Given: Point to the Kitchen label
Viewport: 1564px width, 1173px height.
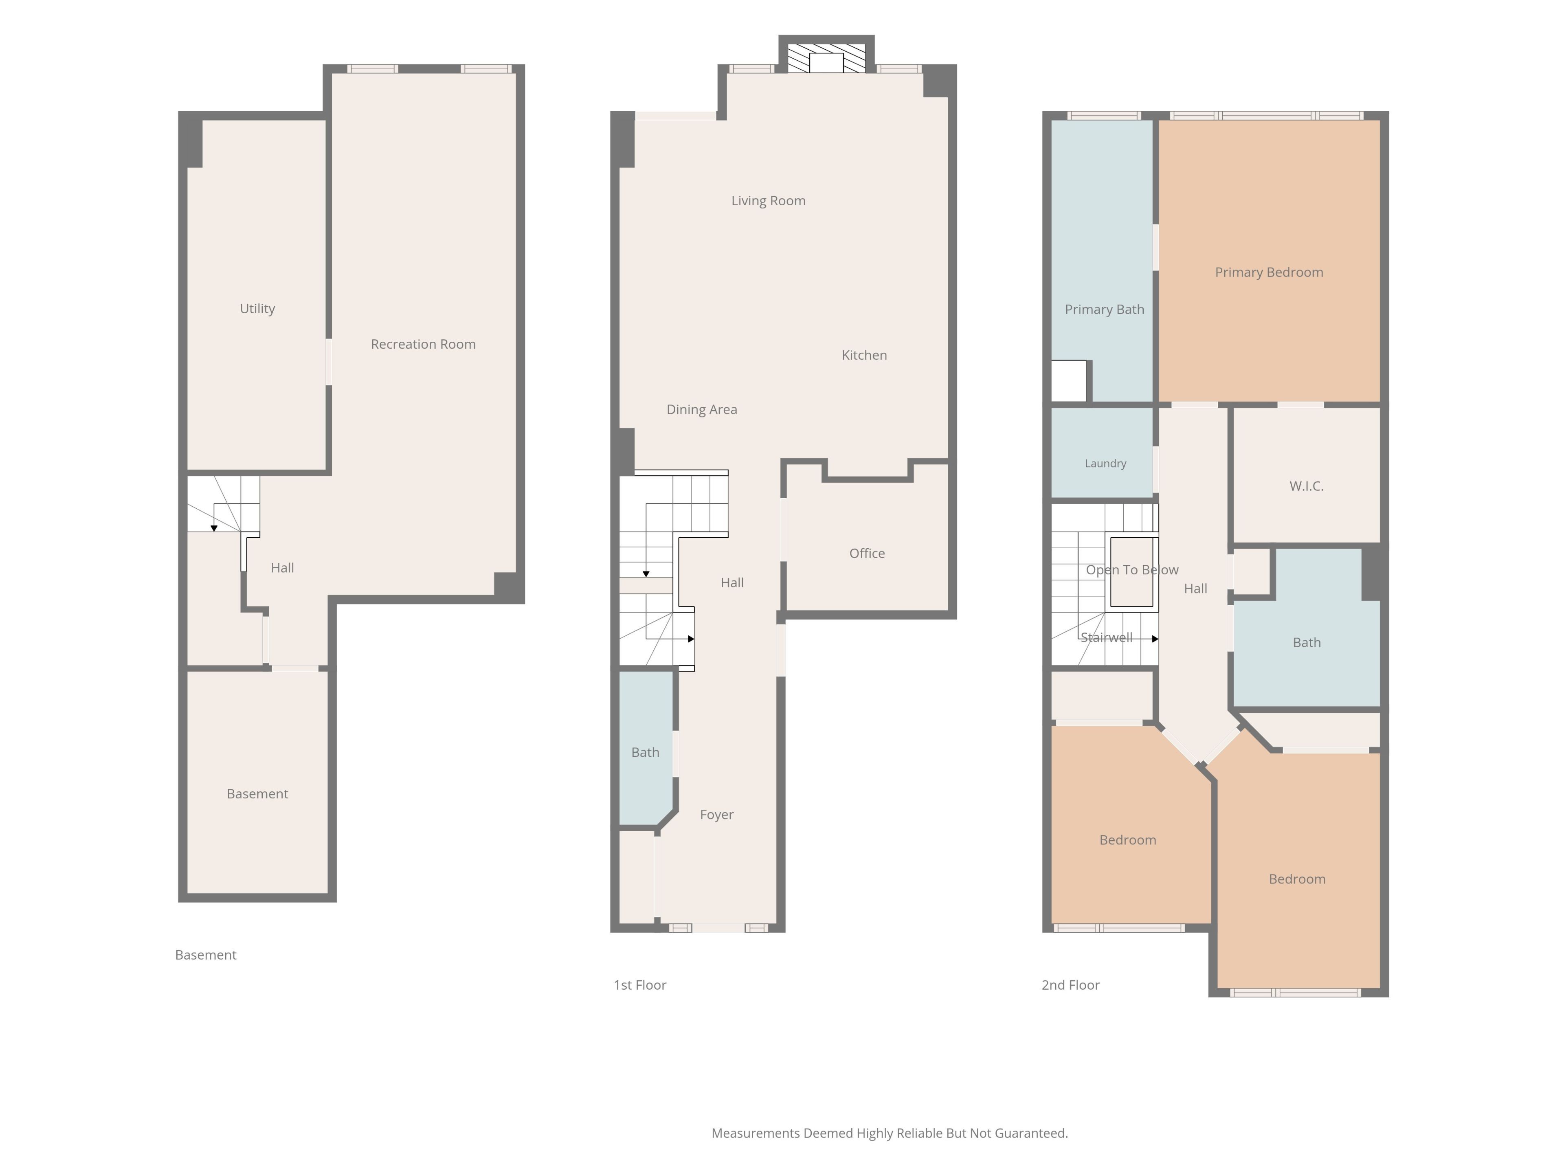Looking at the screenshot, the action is click(x=864, y=355).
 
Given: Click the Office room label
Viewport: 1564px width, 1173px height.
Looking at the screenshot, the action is click(x=867, y=553).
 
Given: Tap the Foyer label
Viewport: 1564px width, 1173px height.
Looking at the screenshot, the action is click(x=716, y=815).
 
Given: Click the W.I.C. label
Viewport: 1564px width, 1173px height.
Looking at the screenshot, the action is click(x=1306, y=486).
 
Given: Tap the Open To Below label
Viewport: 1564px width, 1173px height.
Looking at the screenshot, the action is click(x=1131, y=570).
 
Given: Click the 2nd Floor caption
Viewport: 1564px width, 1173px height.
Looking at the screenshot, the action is click(x=1070, y=985).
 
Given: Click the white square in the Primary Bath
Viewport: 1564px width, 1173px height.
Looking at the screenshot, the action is click(x=1068, y=381).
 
